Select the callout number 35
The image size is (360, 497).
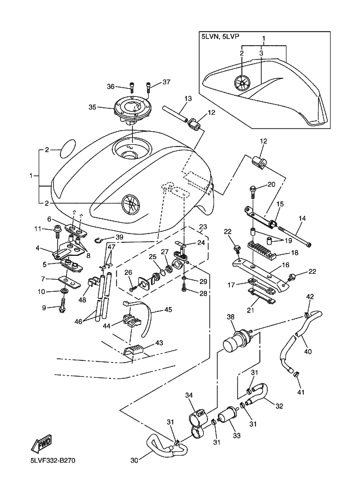click(x=92, y=107)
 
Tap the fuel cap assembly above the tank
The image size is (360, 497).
click(x=132, y=110)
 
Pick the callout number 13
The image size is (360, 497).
click(x=173, y=99)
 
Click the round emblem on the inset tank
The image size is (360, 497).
click(x=242, y=83)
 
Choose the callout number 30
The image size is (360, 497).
click(x=135, y=460)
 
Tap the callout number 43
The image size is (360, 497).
click(x=159, y=343)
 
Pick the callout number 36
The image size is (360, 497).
click(x=111, y=87)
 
